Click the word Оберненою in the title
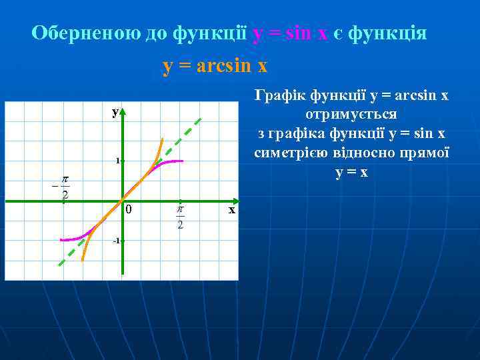(85, 33)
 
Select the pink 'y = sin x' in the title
(290, 33)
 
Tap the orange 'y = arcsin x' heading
(215, 67)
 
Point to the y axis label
(115, 113)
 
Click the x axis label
(231, 210)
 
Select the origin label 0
(129, 211)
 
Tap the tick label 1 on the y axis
(116, 161)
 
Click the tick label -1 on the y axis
(115, 240)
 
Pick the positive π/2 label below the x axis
(179, 217)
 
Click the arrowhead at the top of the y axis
(123, 110)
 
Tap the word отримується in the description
(351, 114)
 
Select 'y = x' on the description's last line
(351, 172)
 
